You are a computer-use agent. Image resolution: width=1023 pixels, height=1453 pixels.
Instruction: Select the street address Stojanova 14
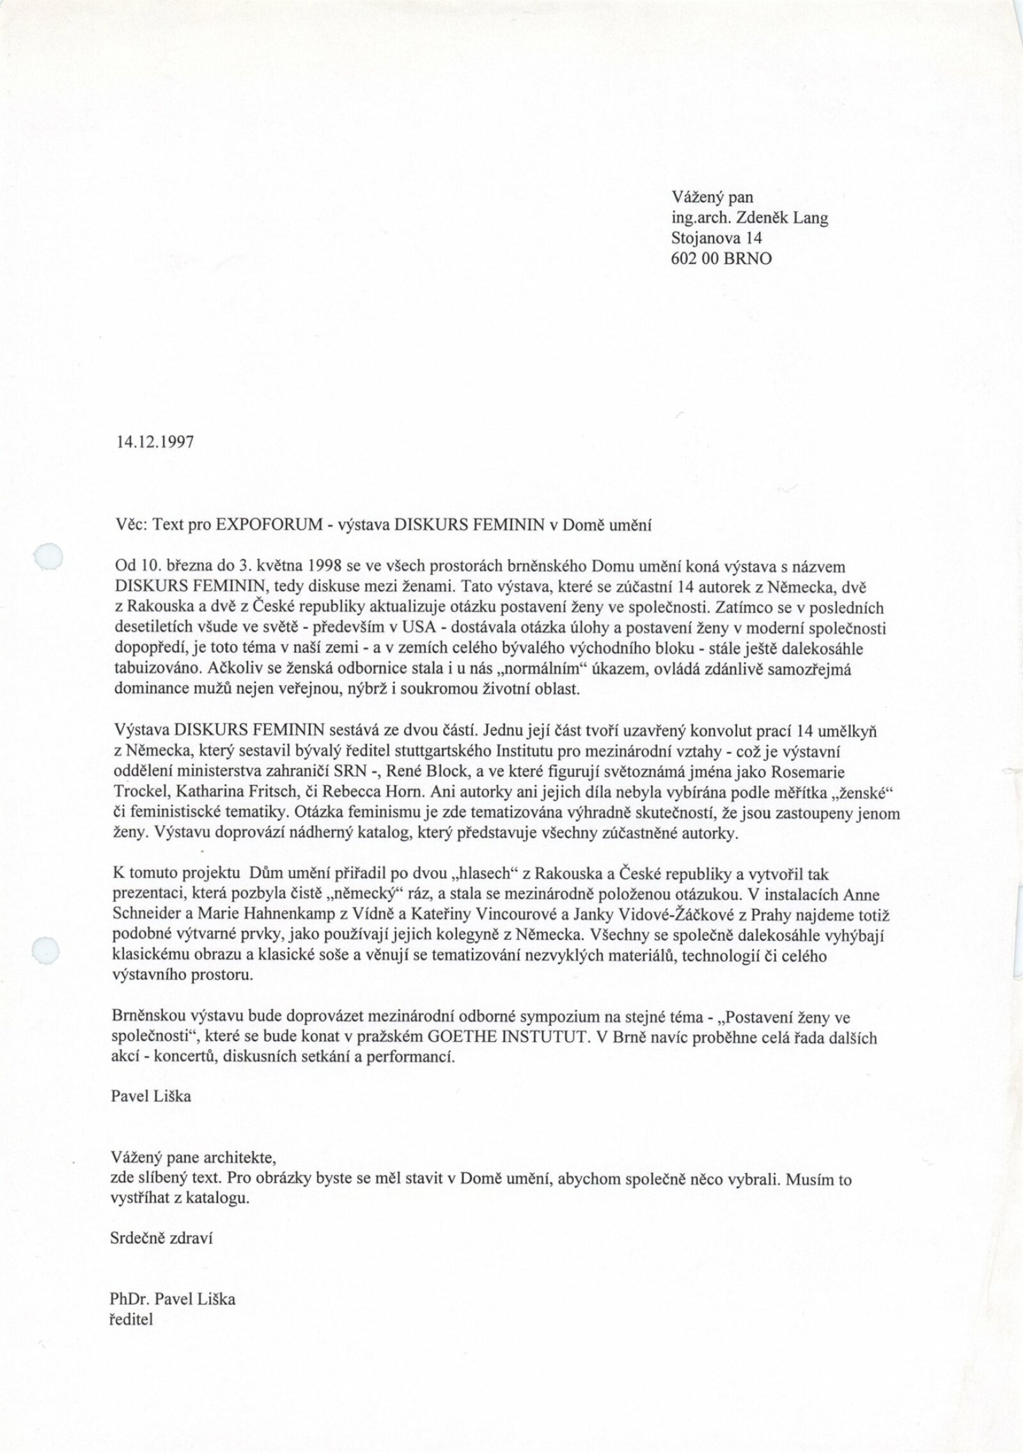tap(717, 239)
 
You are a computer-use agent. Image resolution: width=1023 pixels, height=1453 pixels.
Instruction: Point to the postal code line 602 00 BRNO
tap(722, 258)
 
